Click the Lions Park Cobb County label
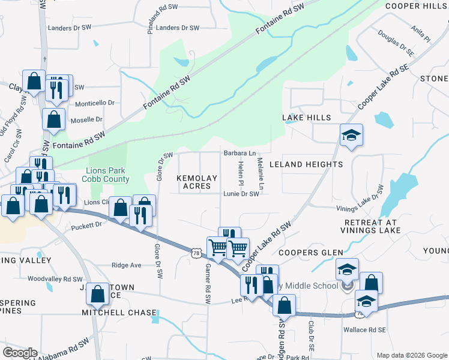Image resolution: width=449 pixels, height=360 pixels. pyautogui.click(x=108, y=175)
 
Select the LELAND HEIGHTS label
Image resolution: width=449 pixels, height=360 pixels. pyautogui.click(x=306, y=164)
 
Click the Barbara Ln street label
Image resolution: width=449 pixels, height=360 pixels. pyautogui.click(x=240, y=154)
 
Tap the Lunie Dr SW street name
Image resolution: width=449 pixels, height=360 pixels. pyautogui.click(x=241, y=194)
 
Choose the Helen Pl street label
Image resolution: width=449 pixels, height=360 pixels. pyautogui.click(x=241, y=173)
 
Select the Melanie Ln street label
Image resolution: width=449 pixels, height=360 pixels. pyautogui.click(x=260, y=174)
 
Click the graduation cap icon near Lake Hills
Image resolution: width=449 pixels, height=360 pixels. pyautogui.click(x=351, y=135)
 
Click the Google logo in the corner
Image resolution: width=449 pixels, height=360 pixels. pyautogui.click(x=20, y=352)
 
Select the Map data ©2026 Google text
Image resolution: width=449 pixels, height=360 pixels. pyautogui.click(x=411, y=355)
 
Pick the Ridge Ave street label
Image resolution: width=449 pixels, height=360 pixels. pyautogui.click(x=127, y=265)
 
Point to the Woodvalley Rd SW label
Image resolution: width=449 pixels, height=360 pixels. pyautogui.click(x=55, y=279)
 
